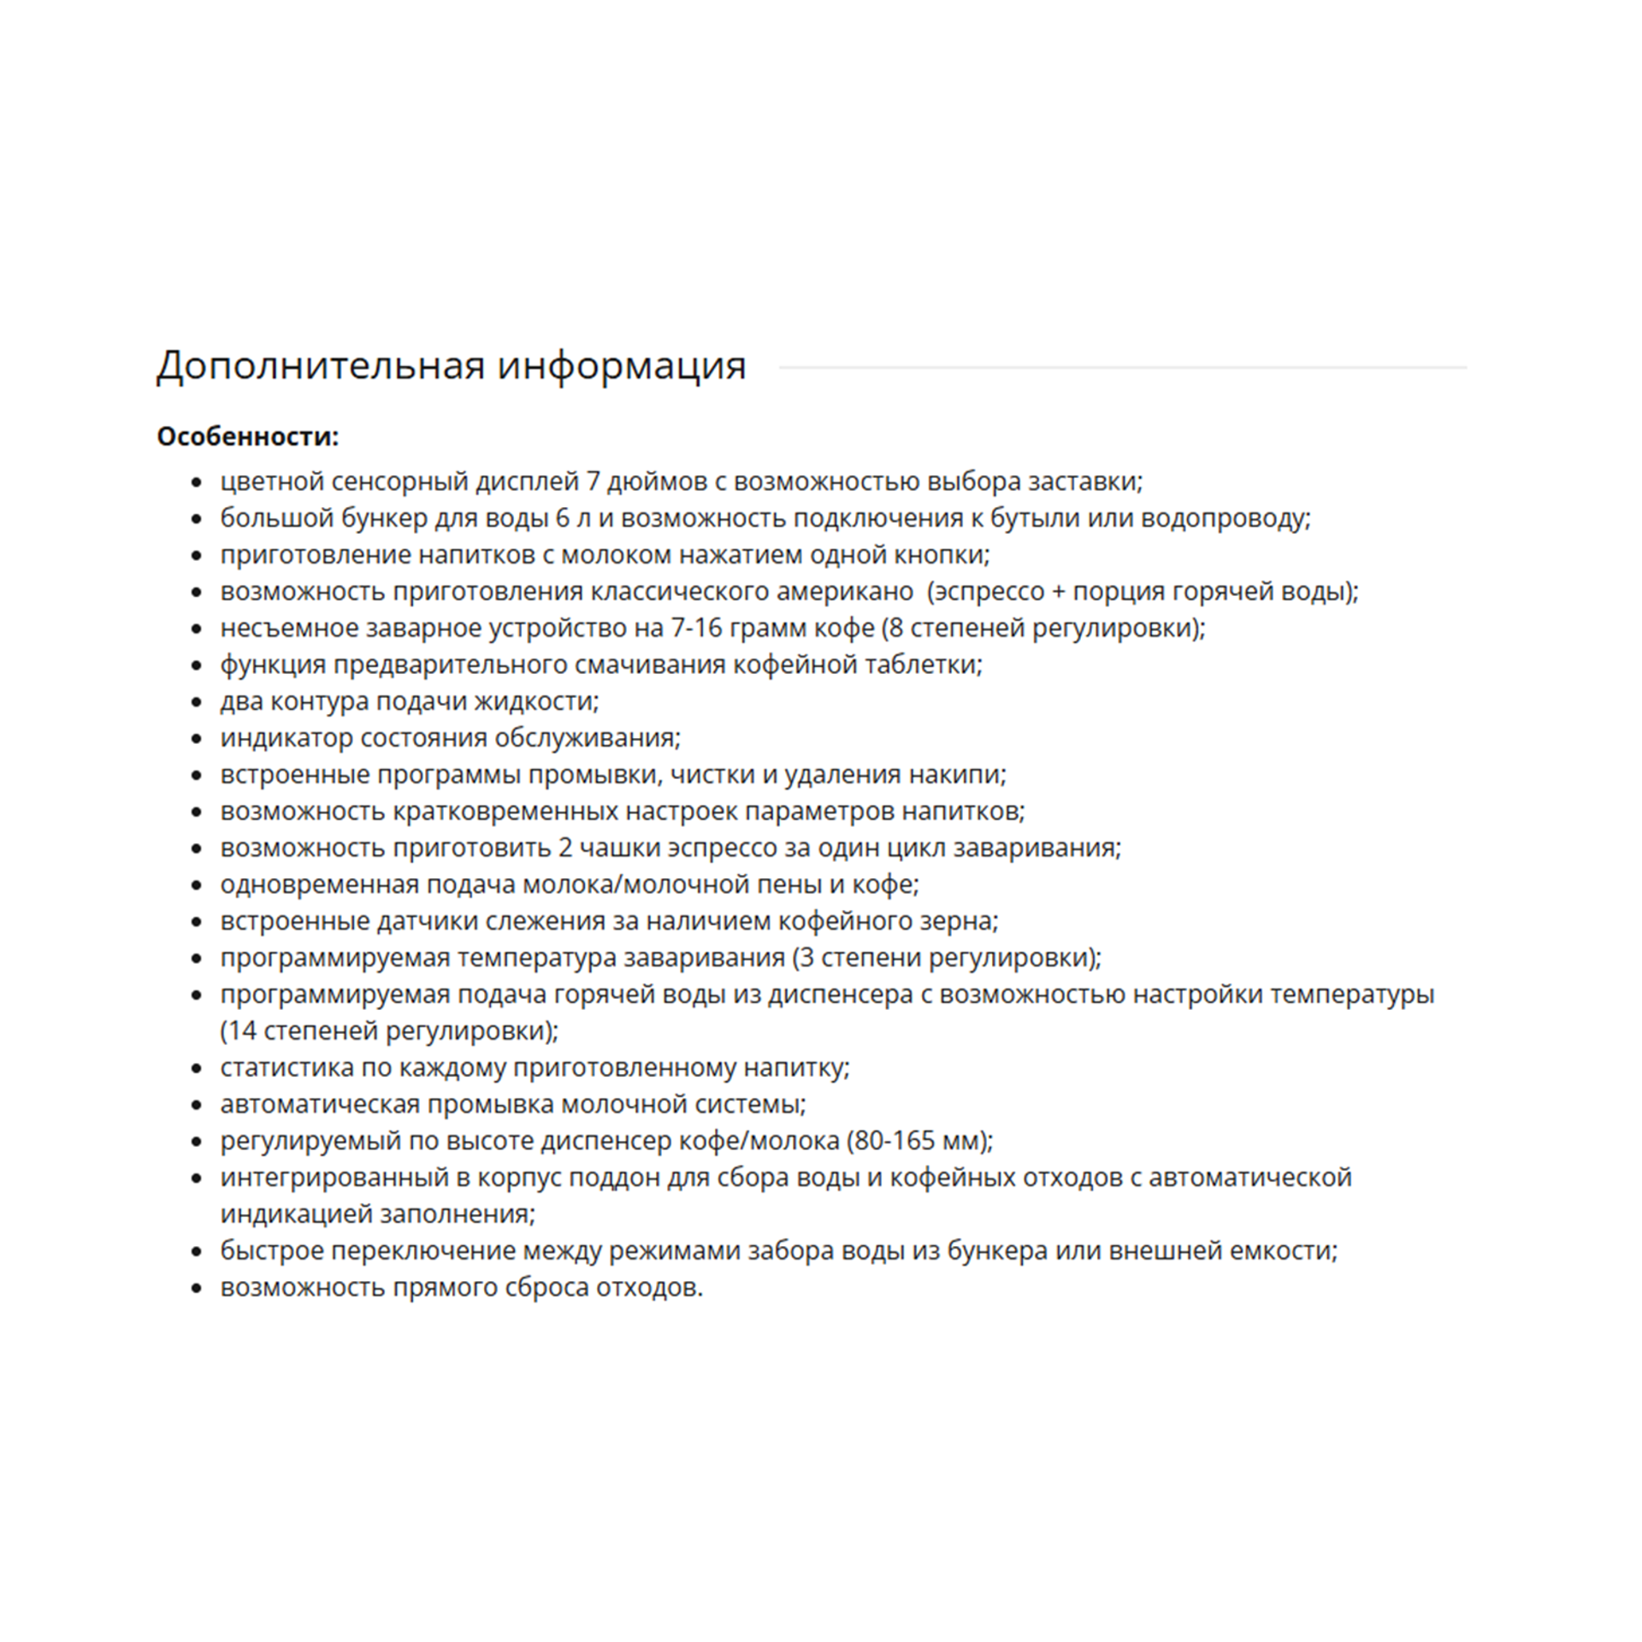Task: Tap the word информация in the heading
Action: tap(622, 367)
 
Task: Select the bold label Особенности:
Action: tap(247, 437)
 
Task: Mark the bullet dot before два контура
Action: tap(198, 702)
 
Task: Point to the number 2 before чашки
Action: tap(565, 848)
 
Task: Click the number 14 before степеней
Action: tap(242, 1031)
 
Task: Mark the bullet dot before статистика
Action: tap(198, 1069)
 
